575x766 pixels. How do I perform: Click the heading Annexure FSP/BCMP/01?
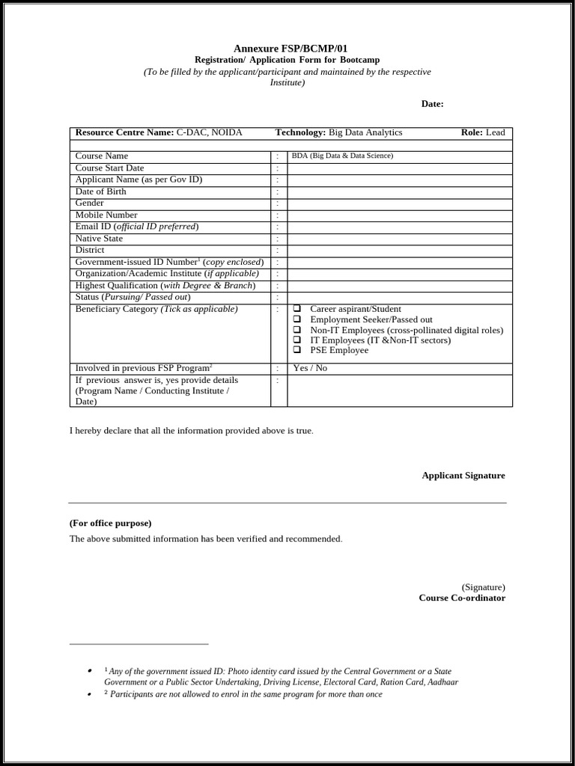click(x=290, y=49)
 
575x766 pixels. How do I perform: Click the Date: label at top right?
click(x=432, y=104)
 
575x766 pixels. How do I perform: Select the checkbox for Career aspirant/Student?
click(x=297, y=308)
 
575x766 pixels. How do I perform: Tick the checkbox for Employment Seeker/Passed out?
click(x=297, y=319)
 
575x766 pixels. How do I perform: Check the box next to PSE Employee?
click(x=297, y=349)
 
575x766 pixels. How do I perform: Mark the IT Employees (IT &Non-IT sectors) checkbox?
click(x=297, y=340)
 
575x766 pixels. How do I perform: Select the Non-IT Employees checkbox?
click(x=297, y=329)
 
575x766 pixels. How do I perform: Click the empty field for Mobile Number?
click(x=400, y=215)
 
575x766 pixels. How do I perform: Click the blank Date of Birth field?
click(x=400, y=191)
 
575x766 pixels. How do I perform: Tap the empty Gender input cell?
click(x=400, y=203)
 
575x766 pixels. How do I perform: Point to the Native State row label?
click(x=99, y=239)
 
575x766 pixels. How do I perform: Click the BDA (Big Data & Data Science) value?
click(x=342, y=156)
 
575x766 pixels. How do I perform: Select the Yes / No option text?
click(x=310, y=368)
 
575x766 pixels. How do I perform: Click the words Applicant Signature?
click(x=463, y=475)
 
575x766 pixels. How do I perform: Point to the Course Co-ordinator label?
click(x=461, y=598)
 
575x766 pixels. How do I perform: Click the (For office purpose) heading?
click(x=110, y=523)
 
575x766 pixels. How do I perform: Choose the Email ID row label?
click(x=137, y=227)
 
